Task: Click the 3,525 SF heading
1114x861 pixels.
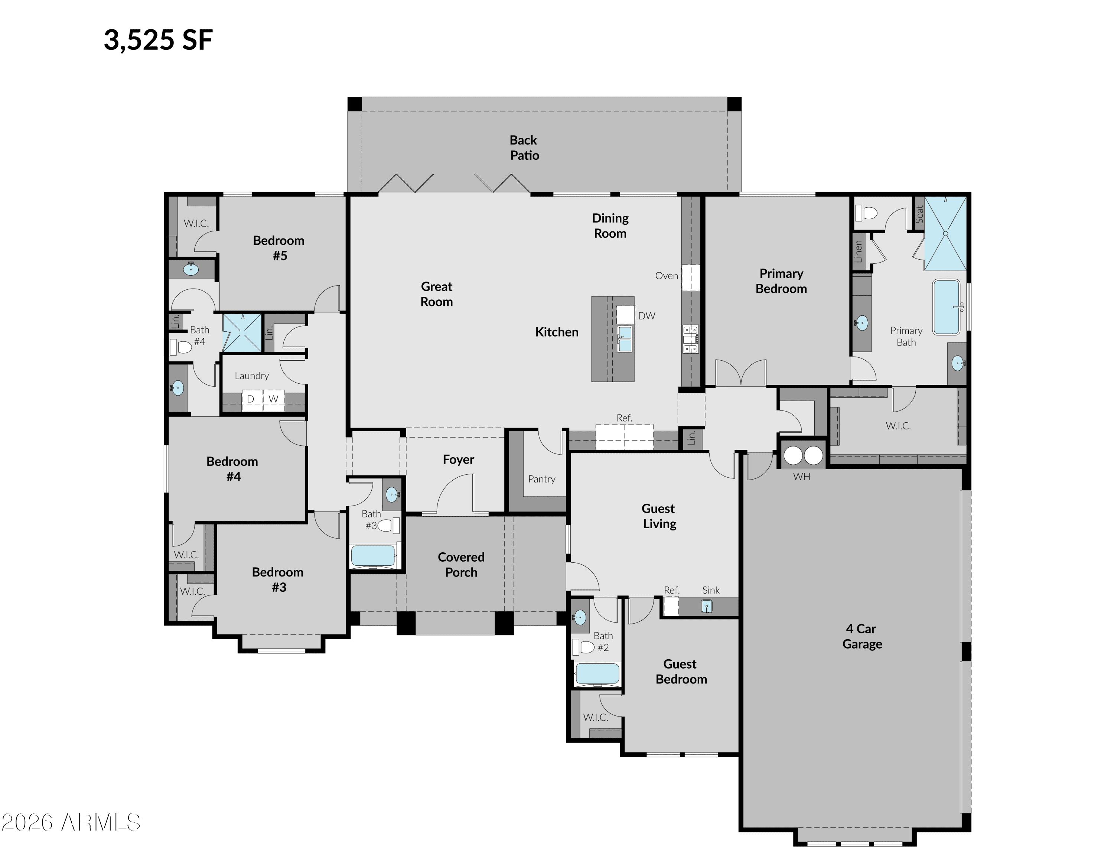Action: coord(158,40)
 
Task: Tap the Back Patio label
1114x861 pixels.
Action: coord(524,147)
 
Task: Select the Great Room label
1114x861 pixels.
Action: coord(437,294)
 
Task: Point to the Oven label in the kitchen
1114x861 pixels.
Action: coord(667,276)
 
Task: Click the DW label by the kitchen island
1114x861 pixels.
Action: coord(647,316)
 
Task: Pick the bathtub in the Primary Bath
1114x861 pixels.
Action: coord(946,306)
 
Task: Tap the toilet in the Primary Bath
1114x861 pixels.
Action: coord(866,212)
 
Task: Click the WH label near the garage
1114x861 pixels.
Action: coord(801,477)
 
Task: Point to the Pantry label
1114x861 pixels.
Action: coord(542,479)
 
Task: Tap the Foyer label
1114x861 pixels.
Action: coord(459,459)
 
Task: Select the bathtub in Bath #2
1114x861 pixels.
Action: coord(597,674)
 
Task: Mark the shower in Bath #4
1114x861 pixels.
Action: coord(242,332)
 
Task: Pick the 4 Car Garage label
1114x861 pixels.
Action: coord(862,637)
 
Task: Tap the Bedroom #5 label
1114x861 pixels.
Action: coord(279,248)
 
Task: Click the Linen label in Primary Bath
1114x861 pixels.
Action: coord(858,251)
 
